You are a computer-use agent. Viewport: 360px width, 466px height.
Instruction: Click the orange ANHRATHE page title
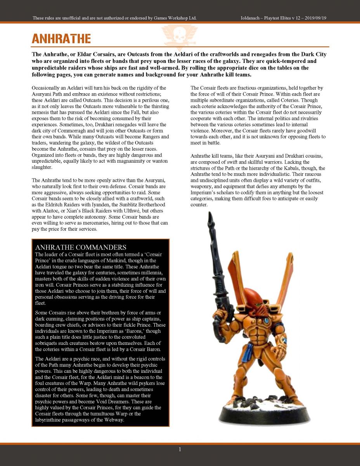[61, 38]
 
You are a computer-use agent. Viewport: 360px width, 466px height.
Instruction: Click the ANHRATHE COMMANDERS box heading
[80, 247]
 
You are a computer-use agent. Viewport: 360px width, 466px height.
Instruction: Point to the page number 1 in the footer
[180, 449]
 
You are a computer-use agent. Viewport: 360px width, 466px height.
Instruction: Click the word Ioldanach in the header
[253, 18]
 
